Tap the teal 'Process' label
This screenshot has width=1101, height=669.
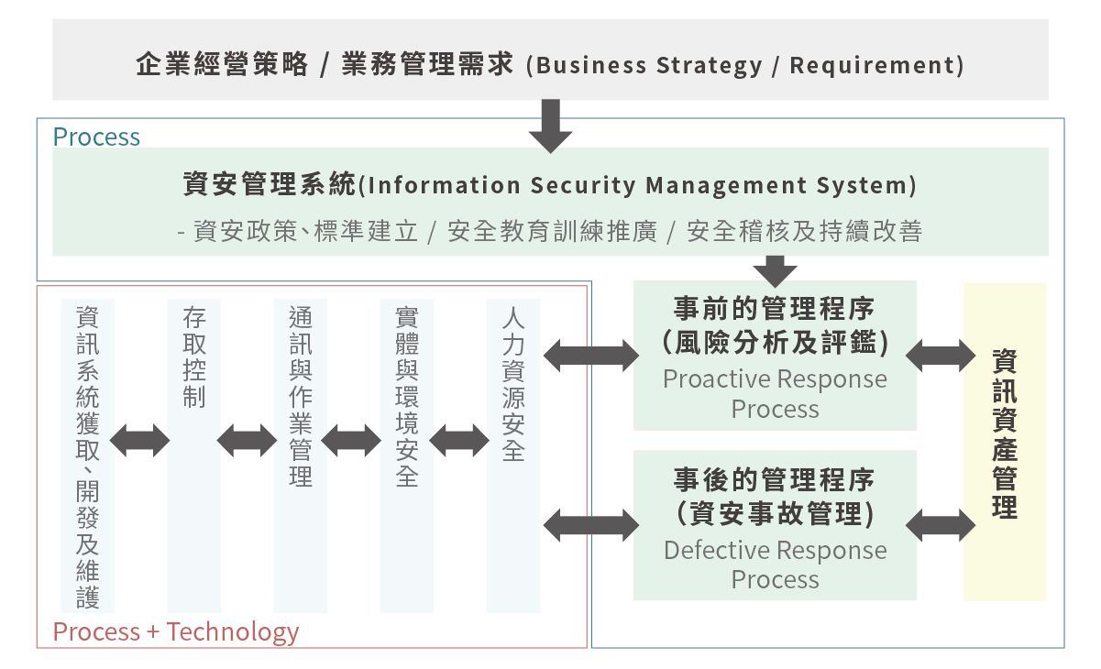click(x=96, y=137)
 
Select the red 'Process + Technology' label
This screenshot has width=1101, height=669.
click(x=176, y=631)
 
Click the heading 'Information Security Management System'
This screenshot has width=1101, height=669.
click(x=550, y=185)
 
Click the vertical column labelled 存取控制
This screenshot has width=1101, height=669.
click(x=193, y=454)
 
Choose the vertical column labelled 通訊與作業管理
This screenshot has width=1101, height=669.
click(x=300, y=454)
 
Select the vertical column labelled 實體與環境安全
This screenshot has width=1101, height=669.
click(x=406, y=454)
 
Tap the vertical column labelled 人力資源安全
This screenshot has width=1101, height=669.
click(x=513, y=454)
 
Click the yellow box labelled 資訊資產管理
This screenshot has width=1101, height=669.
click(x=1005, y=442)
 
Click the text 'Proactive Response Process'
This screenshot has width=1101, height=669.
click(x=776, y=393)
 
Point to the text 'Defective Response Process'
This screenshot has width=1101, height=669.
click(x=776, y=565)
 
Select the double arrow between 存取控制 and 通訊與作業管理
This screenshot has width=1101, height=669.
click(x=247, y=441)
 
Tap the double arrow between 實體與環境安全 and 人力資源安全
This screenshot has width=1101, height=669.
click(x=459, y=441)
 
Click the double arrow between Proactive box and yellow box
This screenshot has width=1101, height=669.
click(x=941, y=355)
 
